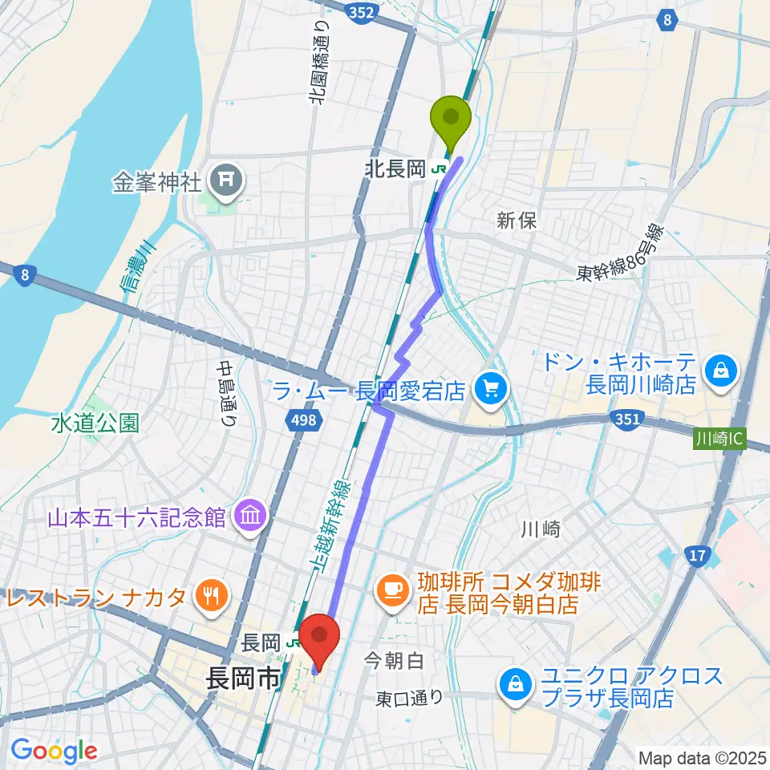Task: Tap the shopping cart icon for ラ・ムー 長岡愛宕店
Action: click(491, 391)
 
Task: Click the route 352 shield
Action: click(359, 10)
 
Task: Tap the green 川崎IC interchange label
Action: click(719, 440)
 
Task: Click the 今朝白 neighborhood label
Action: click(394, 661)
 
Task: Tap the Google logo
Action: click(54, 750)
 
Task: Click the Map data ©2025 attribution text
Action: click(701, 757)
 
